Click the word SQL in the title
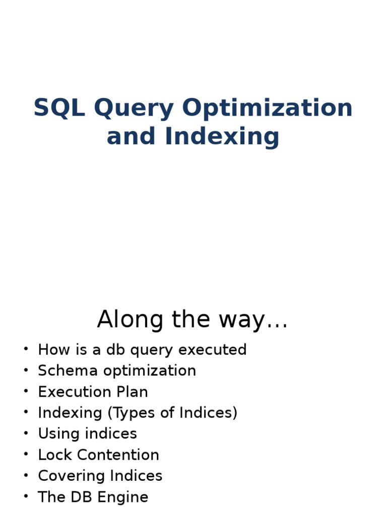[60, 108]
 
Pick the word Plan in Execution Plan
[133, 392]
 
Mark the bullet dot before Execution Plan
[26, 392]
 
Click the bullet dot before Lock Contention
[26, 455]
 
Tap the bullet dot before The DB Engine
[26, 497]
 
